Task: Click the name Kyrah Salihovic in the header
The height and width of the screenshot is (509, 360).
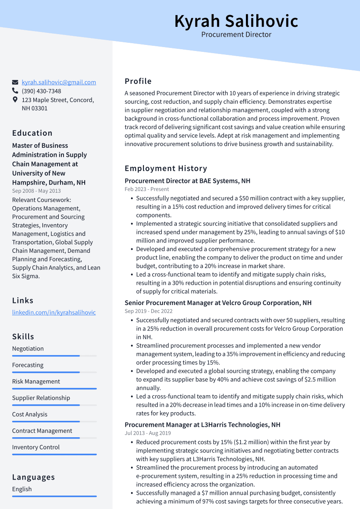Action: point(236,21)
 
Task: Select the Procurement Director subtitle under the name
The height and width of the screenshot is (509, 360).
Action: point(236,35)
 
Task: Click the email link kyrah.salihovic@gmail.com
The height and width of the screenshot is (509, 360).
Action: point(59,82)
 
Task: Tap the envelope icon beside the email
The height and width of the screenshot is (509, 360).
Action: point(15,82)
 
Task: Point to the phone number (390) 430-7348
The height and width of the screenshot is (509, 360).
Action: point(41,91)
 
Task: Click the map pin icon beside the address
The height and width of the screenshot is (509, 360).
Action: point(15,100)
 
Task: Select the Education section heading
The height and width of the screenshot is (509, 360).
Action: point(32,133)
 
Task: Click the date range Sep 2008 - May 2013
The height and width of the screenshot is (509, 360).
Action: point(36,191)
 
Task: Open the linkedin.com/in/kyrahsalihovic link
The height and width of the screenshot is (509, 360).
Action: point(54,312)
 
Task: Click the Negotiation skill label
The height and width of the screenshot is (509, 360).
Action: point(28,349)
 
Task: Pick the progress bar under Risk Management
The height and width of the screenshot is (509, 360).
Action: point(54,388)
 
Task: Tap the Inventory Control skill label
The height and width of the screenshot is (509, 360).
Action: point(36,447)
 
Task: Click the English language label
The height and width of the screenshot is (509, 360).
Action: point(22,489)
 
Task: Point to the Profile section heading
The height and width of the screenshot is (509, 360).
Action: point(138,81)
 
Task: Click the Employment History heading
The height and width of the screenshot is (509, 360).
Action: point(166,169)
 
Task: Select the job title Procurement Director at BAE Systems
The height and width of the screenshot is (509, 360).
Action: point(188,181)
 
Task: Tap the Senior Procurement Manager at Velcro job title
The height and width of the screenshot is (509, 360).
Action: point(218,303)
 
